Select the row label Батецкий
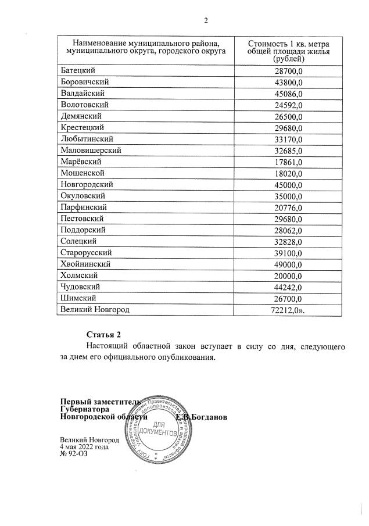(x=79, y=70)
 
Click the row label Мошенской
(x=82, y=173)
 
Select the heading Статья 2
(x=103, y=334)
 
